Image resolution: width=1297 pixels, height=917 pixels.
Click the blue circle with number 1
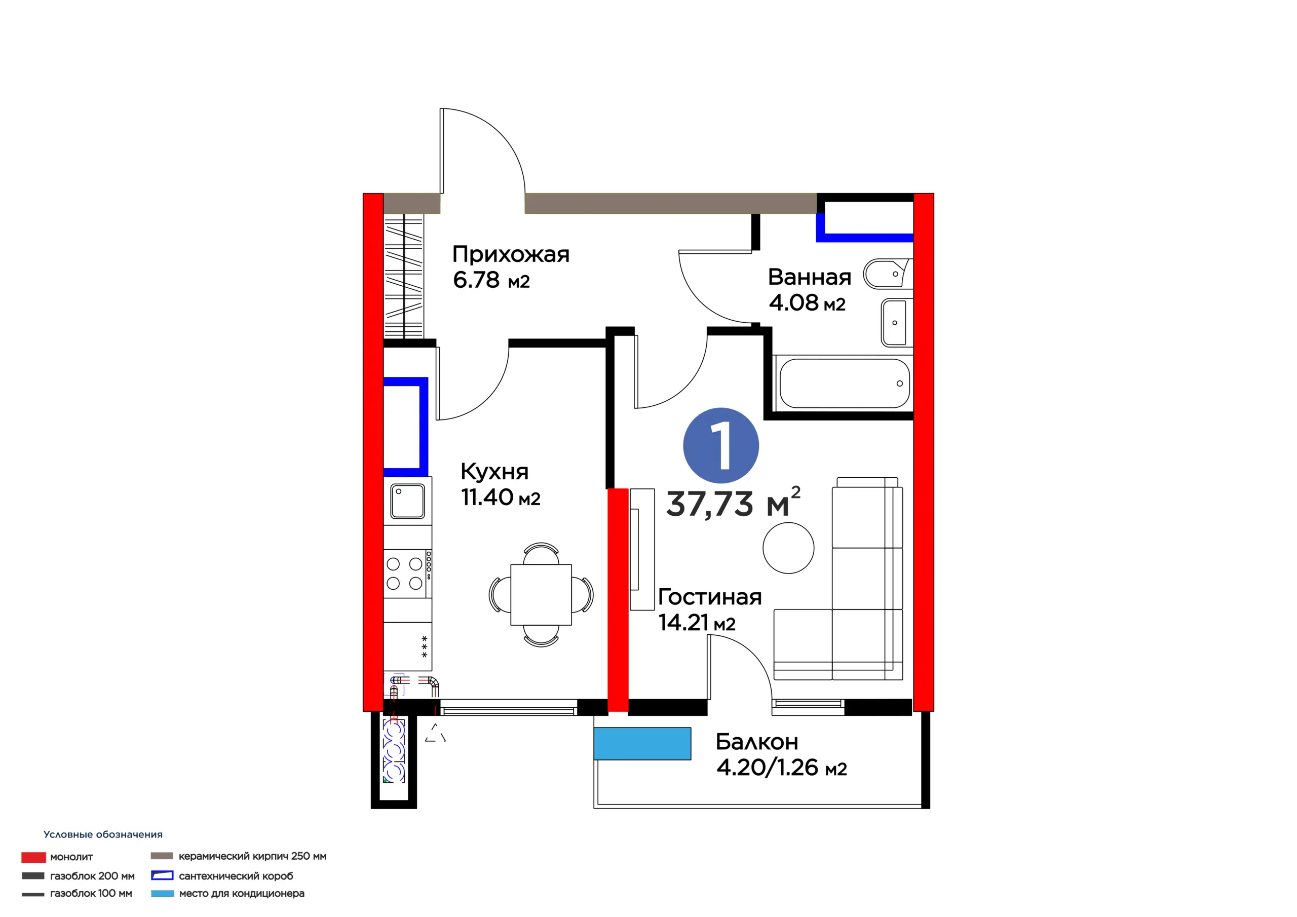coord(721,445)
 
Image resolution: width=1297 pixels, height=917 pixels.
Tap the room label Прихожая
coord(511,254)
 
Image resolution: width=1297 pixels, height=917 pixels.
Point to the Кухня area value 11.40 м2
coord(501,497)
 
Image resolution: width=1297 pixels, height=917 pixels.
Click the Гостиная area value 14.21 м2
coord(697,623)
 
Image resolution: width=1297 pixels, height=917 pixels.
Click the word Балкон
coord(756,742)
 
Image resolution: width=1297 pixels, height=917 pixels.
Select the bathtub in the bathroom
coord(845,384)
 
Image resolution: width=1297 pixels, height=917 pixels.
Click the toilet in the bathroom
coord(888,274)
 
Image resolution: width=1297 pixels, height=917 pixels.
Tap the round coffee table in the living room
coord(788,548)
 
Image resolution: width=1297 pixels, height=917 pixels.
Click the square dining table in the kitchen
coord(541,594)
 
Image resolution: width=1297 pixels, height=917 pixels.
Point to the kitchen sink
coord(407,501)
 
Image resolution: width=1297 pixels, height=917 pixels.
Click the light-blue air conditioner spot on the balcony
coord(642,744)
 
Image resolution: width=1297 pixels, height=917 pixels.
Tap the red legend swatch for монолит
coord(33,857)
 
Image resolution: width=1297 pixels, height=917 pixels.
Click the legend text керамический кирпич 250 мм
coord(252,856)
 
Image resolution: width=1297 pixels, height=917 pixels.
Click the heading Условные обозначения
coord(103,834)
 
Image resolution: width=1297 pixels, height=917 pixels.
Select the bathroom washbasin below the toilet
coord(896,323)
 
